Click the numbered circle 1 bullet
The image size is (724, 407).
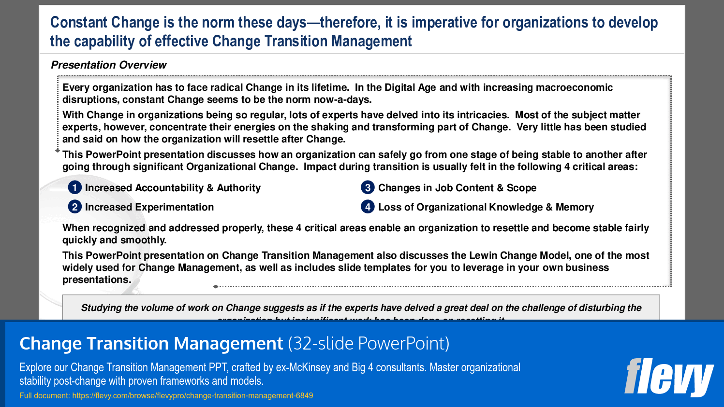(x=74, y=187)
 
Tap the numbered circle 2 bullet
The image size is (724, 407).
(x=74, y=207)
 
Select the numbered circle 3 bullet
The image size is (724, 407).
(x=368, y=187)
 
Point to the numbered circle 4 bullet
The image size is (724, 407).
(x=368, y=207)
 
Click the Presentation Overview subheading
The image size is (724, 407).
(x=109, y=65)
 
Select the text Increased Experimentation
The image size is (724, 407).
(x=149, y=207)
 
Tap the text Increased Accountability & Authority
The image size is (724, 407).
(x=173, y=188)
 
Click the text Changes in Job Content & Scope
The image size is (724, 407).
(x=457, y=188)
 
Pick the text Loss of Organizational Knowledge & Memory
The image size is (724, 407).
(x=486, y=207)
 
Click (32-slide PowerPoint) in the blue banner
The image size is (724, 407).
(x=369, y=343)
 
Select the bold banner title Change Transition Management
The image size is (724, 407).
(x=151, y=343)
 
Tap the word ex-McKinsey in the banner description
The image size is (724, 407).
(x=303, y=367)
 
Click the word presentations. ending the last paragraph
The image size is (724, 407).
(x=97, y=280)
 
